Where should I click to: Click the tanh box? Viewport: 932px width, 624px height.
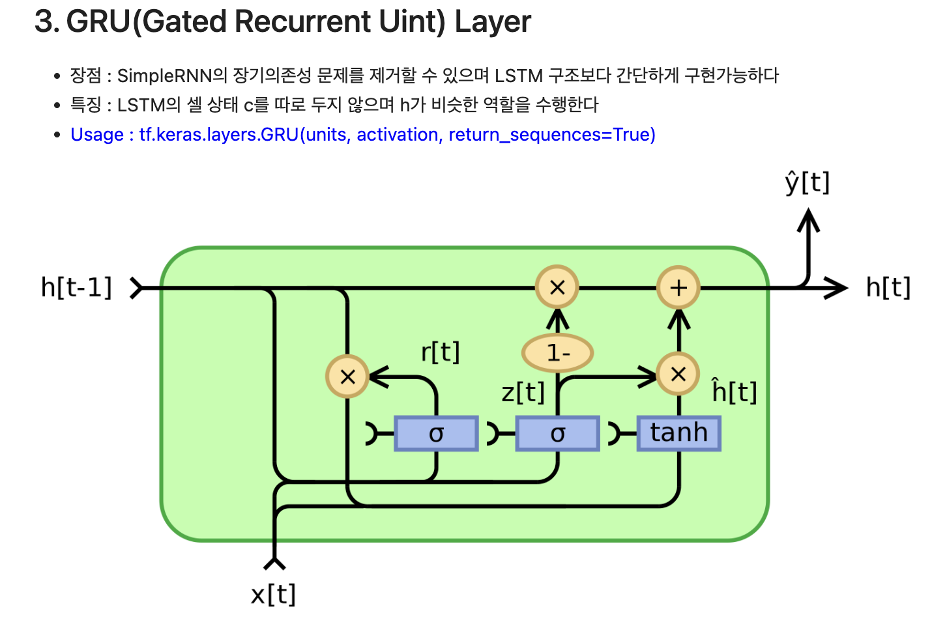click(678, 433)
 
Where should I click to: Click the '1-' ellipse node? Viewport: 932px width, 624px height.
click(557, 353)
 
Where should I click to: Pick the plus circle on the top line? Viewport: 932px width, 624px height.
click(678, 287)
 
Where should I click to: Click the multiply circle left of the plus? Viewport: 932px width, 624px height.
click(557, 287)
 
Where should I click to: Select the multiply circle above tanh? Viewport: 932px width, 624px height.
click(678, 375)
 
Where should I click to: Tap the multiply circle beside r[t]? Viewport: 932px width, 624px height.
click(347, 376)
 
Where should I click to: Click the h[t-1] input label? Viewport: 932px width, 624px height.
click(76, 287)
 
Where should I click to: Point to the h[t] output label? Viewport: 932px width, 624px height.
click(888, 287)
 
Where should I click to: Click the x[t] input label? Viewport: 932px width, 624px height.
click(273, 594)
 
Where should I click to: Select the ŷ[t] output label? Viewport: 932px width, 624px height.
click(808, 182)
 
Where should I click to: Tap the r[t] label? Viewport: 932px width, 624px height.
click(441, 352)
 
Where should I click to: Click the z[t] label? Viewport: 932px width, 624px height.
click(523, 393)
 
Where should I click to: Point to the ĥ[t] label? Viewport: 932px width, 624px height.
click(735, 392)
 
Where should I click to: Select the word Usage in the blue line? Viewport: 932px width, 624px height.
click(97, 135)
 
